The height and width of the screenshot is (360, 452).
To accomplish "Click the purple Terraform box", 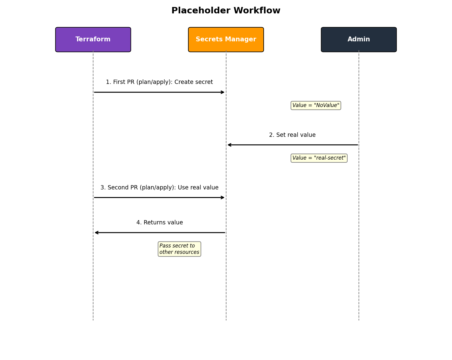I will click(x=93, y=40).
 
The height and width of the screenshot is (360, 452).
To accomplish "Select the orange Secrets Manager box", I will click(x=226, y=40).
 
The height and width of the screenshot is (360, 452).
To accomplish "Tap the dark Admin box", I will click(x=359, y=40).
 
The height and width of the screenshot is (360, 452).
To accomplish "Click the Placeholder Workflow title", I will click(x=226, y=11).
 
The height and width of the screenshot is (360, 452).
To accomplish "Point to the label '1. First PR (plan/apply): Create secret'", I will click(x=159, y=82).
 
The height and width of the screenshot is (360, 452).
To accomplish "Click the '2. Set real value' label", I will click(x=292, y=135).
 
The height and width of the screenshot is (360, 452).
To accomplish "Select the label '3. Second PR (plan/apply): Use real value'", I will click(x=159, y=188).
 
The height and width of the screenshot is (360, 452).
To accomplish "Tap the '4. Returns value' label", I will click(x=159, y=223).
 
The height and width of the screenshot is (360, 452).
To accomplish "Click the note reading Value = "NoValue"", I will click(x=316, y=106).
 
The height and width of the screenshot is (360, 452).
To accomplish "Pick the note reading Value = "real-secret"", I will click(x=319, y=158).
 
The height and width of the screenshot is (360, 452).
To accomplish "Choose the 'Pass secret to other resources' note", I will click(x=179, y=249).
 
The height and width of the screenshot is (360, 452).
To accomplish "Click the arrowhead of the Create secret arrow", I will click(x=223, y=92).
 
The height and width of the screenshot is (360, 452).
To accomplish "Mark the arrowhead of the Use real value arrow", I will click(x=223, y=198).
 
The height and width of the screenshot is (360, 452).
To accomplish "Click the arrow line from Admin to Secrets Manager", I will click(x=292, y=145).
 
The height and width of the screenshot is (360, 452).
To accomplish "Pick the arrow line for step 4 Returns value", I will click(x=159, y=233).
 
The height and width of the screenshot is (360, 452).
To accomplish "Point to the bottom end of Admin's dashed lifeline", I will click(x=359, y=320).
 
